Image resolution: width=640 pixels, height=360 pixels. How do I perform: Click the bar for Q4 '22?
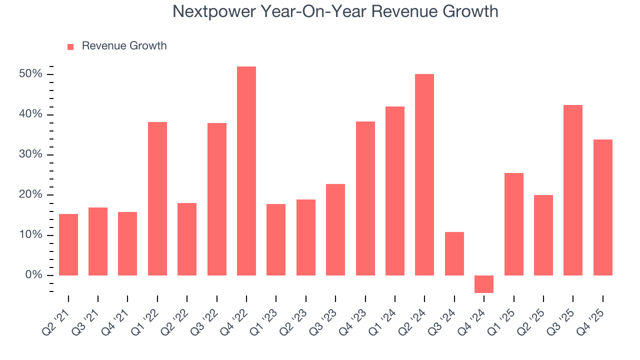click(x=246, y=171)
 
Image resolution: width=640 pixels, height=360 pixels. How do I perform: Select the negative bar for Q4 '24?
click(x=483, y=284)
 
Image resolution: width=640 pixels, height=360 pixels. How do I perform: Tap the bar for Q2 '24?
click(x=424, y=174)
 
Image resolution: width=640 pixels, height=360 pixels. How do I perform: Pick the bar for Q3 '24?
click(x=454, y=253)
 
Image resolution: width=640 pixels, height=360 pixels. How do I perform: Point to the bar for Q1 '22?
click(x=157, y=198)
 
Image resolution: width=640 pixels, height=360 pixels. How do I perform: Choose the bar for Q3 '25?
click(x=573, y=190)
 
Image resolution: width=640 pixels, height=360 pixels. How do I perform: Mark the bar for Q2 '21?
click(x=68, y=244)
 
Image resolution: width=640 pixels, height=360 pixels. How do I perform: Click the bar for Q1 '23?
click(x=276, y=239)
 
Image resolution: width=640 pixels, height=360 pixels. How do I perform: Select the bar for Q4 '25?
click(x=602, y=207)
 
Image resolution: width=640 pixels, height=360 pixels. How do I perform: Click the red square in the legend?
click(x=70, y=46)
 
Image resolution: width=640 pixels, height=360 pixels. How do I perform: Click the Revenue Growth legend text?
click(x=124, y=46)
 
